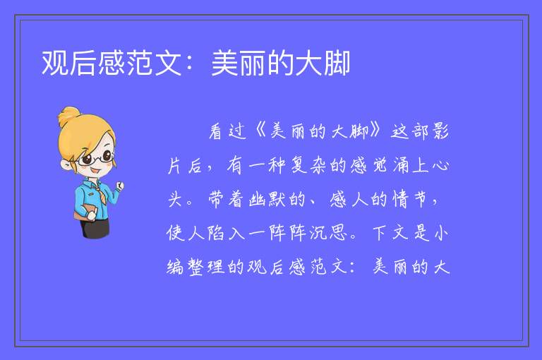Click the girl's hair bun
point(69,116)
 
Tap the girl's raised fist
point(119,186)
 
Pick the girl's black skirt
point(95,228)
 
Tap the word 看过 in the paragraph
point(227,132)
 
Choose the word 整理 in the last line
point(206,267)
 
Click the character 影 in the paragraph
point(440,132)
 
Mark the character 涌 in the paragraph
point(400,165)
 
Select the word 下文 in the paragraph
point(390,233)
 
